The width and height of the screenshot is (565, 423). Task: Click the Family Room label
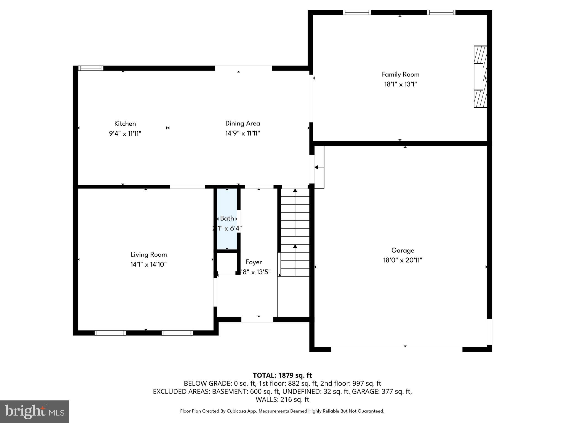point(400,74)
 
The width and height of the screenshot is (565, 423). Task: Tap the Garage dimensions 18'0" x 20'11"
point(403,260)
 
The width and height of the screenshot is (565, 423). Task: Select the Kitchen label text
point(125,124)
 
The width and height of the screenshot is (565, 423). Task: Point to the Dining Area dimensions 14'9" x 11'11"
point(242,133)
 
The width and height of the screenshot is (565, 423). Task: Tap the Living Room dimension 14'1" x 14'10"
point(148,264)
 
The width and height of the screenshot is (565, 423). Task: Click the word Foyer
point(254,262)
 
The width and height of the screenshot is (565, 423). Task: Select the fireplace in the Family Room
point(480,77)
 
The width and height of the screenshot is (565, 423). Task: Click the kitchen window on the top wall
point(91,68)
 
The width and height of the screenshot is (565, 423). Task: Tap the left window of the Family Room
point(357,12)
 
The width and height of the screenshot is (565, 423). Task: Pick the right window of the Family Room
point(441,12)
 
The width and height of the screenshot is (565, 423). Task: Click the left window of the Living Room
point(110,333)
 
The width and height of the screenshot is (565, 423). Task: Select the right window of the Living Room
point(177,333)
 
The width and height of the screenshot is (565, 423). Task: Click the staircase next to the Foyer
point(295,233)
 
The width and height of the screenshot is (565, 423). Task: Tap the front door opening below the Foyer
point(257,320)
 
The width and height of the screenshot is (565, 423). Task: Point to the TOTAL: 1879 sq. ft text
point(282,375)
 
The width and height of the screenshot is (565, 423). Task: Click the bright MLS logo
point(34,411)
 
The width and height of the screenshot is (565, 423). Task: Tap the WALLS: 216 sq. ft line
point(282,399)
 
